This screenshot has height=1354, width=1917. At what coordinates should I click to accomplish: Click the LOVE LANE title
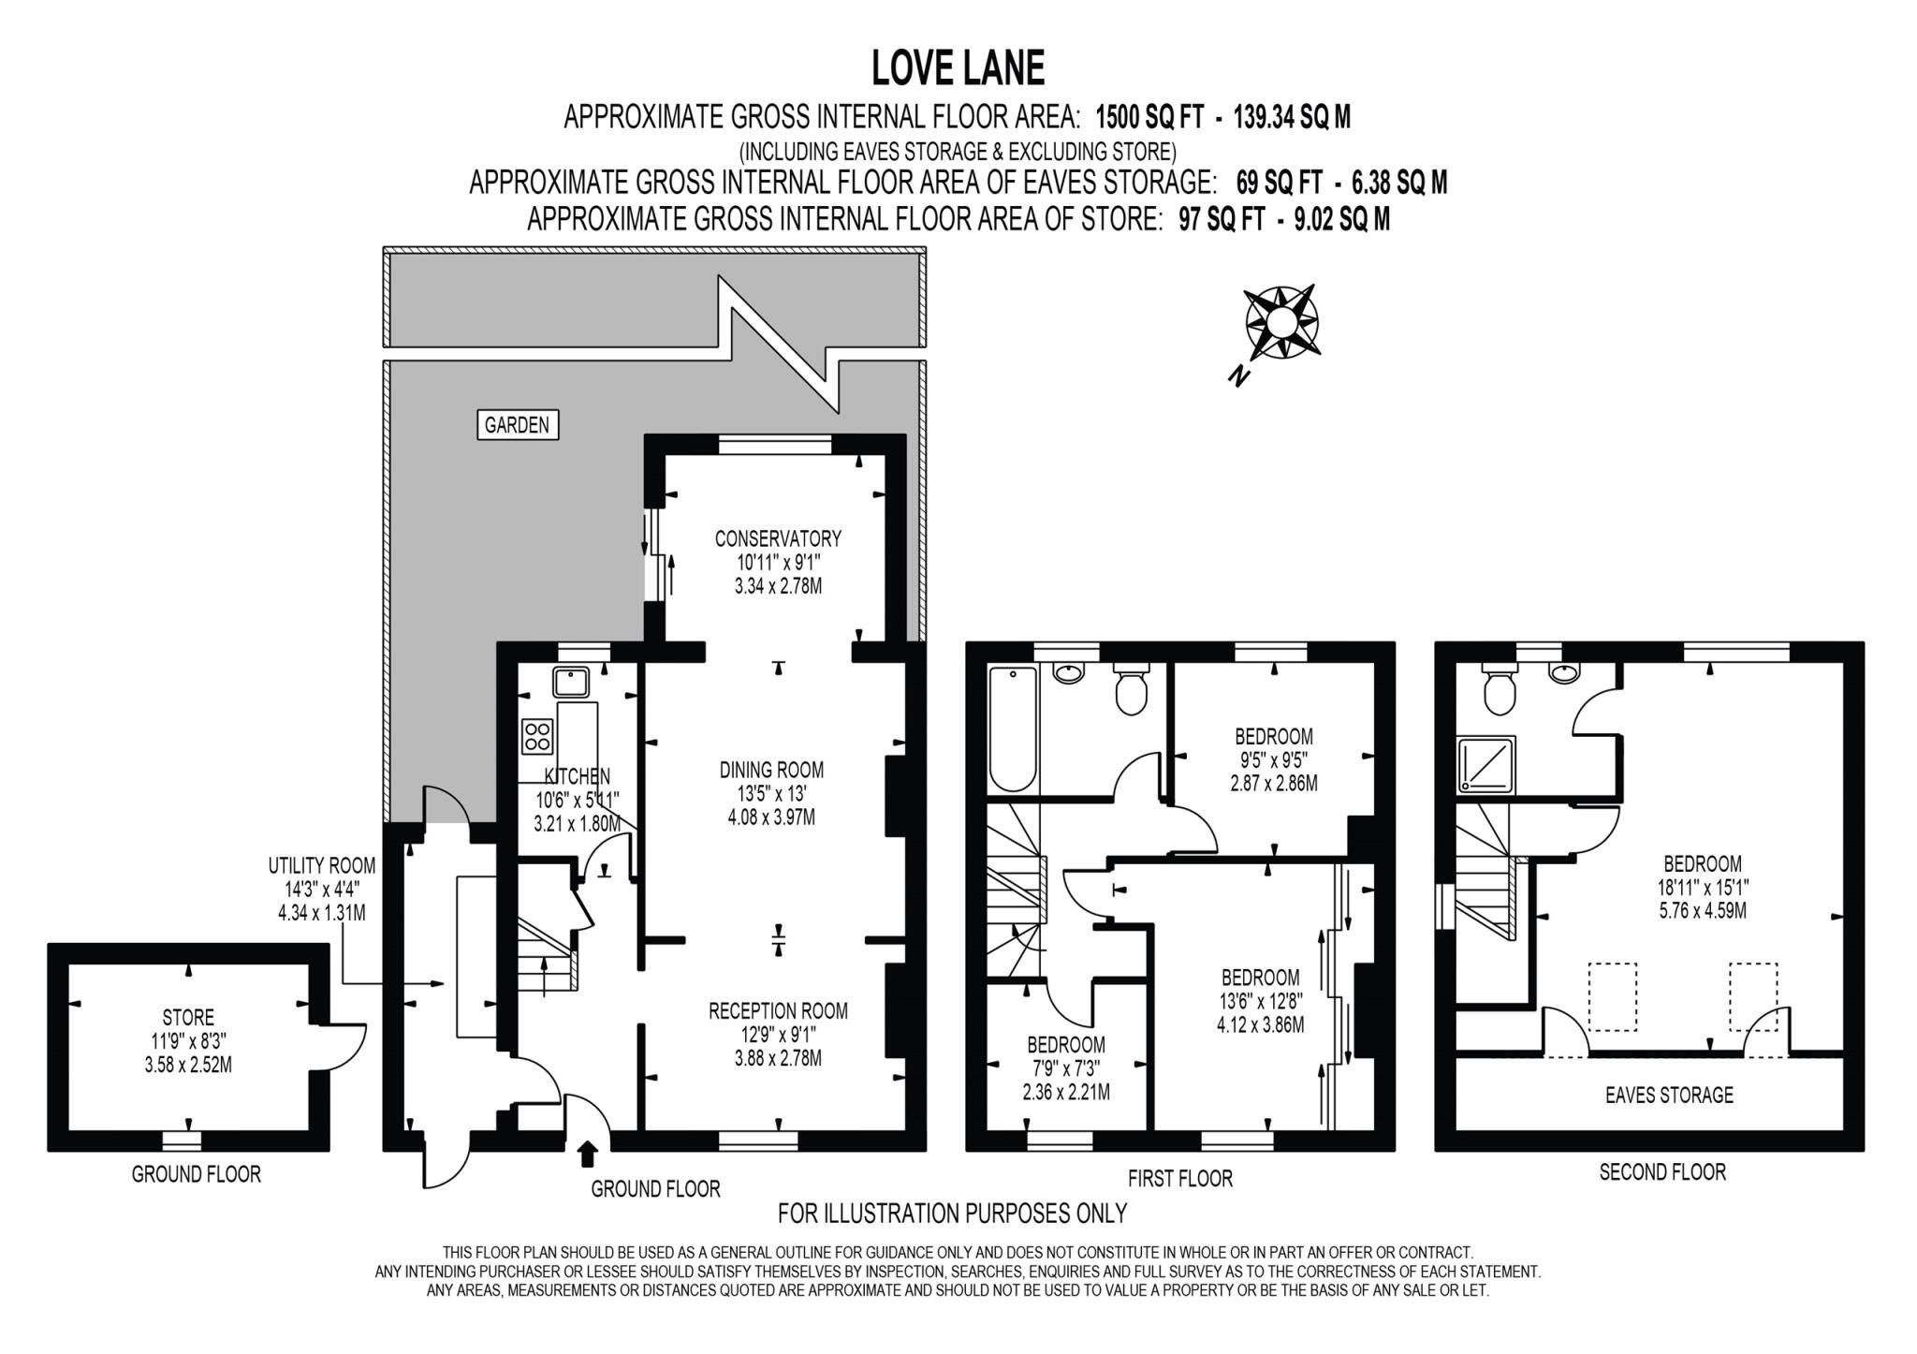pos(958,68)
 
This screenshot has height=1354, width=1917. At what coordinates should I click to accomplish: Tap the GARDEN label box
pos(517,425)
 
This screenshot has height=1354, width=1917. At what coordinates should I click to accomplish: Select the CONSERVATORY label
pos(778,538)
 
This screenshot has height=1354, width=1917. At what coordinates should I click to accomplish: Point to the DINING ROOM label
pos(771,770)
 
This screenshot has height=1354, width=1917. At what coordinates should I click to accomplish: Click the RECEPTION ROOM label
pos(778,1010)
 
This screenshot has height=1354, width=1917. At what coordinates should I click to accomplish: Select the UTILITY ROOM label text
pos(321,865)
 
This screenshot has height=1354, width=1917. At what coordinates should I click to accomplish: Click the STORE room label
pos(188,1017)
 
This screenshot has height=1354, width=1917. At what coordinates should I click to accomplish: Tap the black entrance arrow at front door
pos(587,1154)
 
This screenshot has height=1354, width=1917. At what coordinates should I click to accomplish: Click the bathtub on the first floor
pos(1013,729)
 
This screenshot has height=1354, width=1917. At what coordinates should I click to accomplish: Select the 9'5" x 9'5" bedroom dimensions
pos(1273,760)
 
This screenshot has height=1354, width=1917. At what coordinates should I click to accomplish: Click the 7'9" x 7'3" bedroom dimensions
pos(1066,1067)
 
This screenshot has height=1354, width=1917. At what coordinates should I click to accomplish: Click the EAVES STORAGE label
pos(1669,1095)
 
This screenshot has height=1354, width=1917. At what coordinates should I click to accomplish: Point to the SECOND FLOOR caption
pos(1662,1171)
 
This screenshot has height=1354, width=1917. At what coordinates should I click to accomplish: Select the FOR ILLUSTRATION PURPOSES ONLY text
pos(952,1214)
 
